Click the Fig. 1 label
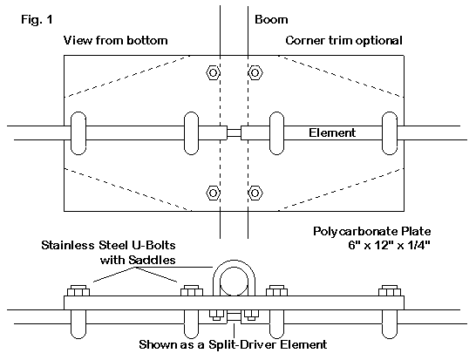[37, 20]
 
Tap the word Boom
[271, 20]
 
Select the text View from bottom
[115, 40]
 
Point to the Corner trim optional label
[344, 40]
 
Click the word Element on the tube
[332, 132]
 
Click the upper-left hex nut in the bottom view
[213, 73]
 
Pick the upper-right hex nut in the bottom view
[255, 73]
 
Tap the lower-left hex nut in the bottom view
[213, 193]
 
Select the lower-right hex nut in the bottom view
[255, 193]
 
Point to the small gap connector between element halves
[234, 133]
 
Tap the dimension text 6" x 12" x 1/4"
[389, 245]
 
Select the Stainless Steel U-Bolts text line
[108, 245]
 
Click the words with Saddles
[138, 260]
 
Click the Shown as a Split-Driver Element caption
[233, 344]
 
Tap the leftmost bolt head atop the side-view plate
[78, 291]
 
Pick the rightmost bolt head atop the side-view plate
[390, 291]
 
